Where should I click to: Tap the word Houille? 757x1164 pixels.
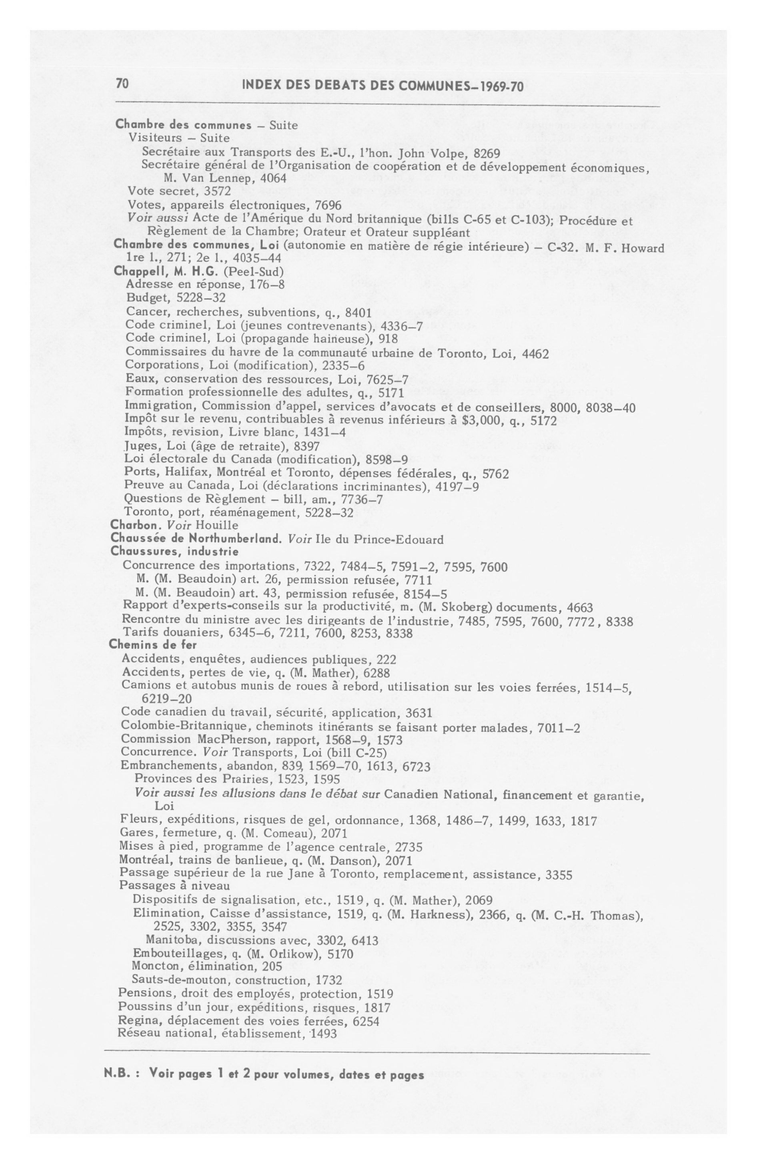click(216, 525)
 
